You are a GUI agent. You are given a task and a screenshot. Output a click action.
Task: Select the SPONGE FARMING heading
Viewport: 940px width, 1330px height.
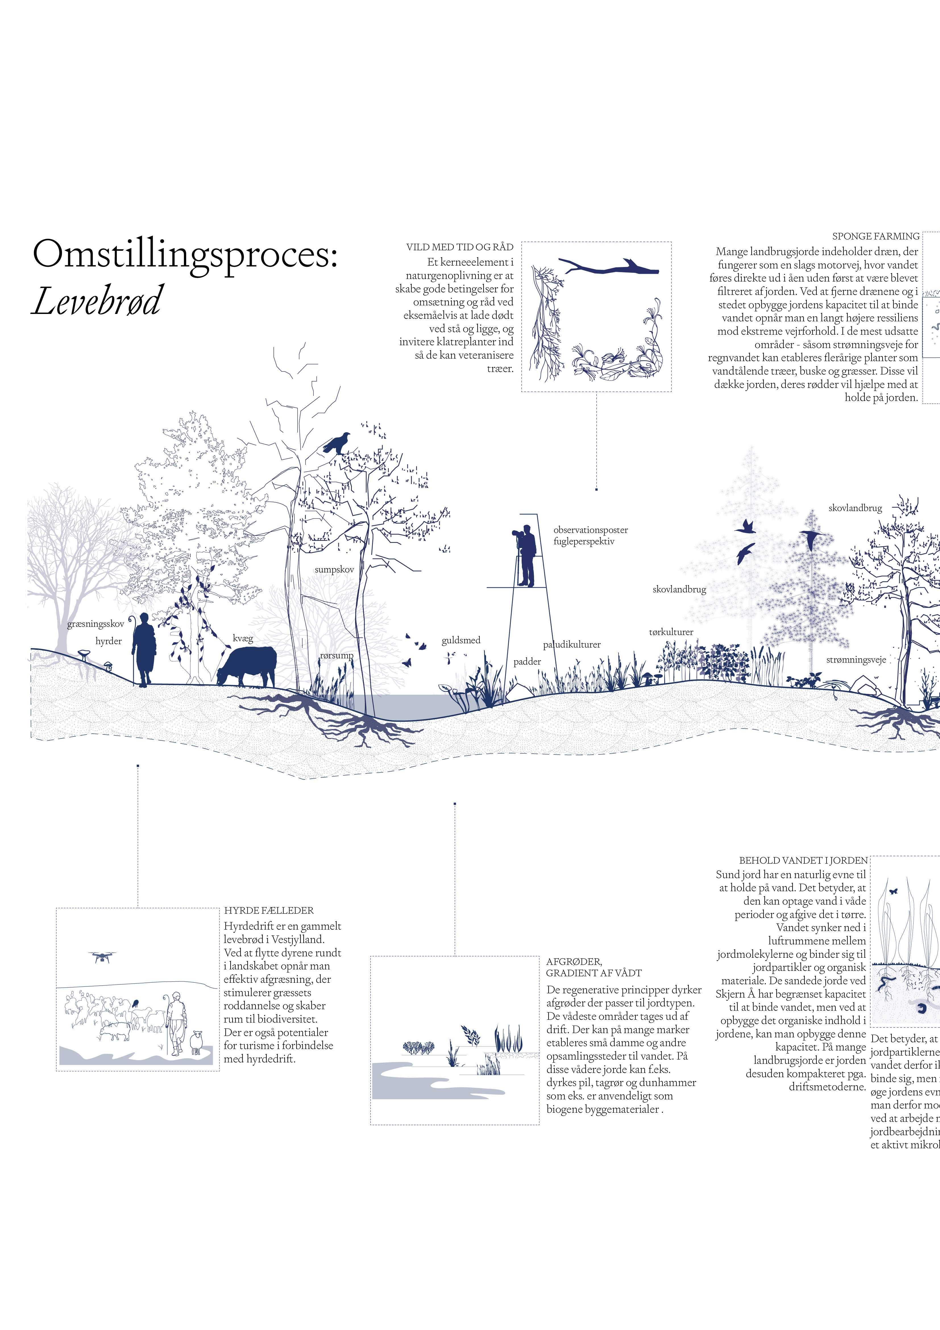coord(875,236)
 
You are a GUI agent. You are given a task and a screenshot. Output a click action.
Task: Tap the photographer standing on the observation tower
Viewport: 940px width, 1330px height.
coord(525,555)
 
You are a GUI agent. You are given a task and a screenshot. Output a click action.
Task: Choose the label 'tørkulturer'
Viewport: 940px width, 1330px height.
coord(671,632)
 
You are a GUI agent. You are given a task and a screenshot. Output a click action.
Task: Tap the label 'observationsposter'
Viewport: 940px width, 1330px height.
coord(590,530)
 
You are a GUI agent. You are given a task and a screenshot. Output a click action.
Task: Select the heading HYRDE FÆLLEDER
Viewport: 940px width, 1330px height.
coord(269,911)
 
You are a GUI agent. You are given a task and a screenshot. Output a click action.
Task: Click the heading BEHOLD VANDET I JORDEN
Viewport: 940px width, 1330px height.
coord(803,861)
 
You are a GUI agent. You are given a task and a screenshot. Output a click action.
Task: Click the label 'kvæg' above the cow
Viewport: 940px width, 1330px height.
coord(243,638)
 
